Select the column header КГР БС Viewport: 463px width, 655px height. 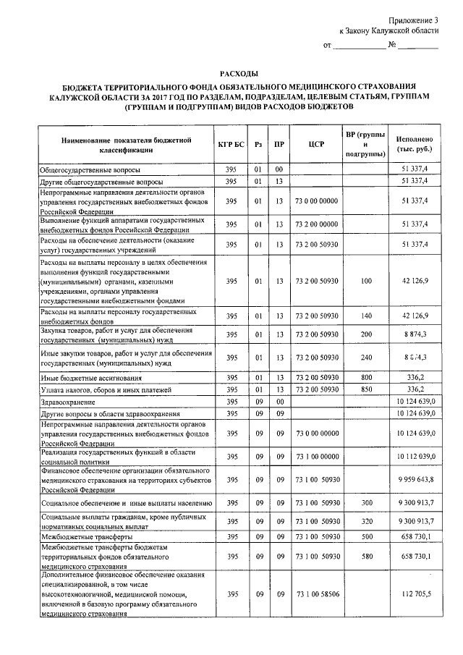tap(231, 143)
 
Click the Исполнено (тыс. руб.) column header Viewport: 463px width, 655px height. tap(414, 143)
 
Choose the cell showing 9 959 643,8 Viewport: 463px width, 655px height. tap(414, 479)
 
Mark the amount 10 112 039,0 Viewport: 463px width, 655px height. tap(414, 457)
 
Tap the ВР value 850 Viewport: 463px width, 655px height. tap(366, 389)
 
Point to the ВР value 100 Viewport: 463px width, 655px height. tap(366, 280)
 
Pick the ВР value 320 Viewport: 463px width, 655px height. tap(366, 520)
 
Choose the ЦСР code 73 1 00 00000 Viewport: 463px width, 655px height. tap(315, 457)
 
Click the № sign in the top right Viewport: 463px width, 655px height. tap(391, 46)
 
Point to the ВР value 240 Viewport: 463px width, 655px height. tap(366, 358)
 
